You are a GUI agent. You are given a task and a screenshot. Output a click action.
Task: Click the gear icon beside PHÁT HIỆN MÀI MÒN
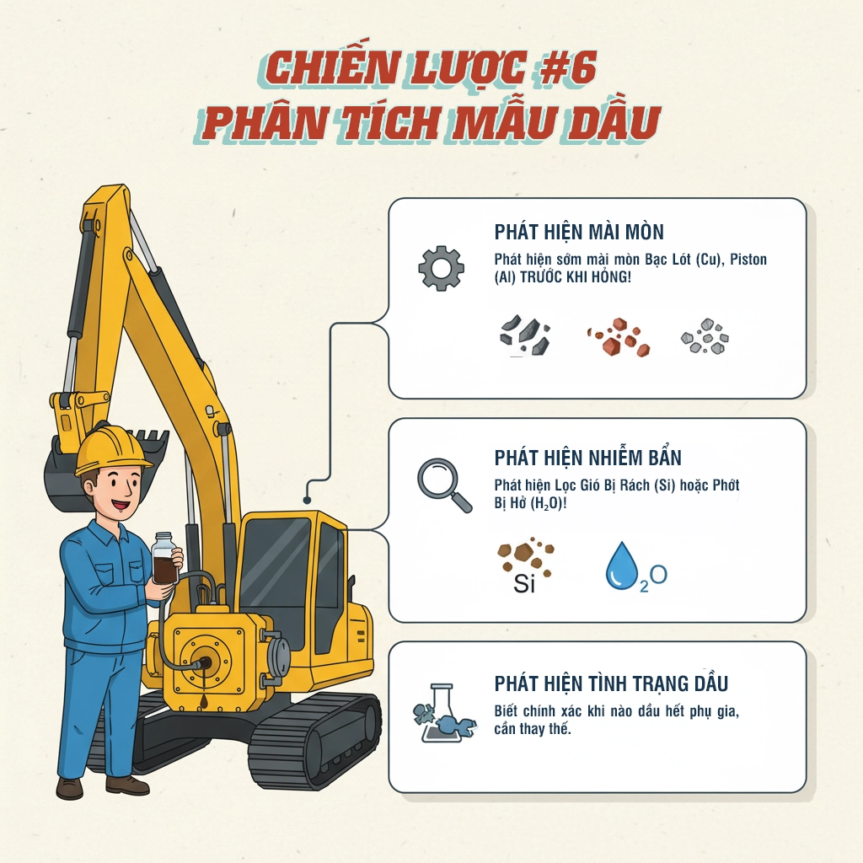coord(441,268)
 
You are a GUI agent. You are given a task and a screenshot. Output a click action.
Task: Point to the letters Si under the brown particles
coord(524,583)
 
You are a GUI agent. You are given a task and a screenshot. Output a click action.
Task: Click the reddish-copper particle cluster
coord(619,337)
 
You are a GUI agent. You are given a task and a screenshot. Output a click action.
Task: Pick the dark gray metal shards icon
coord(524,335)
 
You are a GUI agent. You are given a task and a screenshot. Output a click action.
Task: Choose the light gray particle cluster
coord(705,337)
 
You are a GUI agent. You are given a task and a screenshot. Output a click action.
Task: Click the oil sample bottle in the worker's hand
coord(163,559)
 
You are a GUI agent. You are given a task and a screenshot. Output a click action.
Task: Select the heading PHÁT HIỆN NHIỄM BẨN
coord(587,458)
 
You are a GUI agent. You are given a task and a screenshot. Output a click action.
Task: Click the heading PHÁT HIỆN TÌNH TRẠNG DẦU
coord(611,683)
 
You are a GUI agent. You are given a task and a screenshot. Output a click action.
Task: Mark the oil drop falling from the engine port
coord(205,680)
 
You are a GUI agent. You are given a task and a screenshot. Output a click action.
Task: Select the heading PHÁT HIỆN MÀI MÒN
coord(579,232)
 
